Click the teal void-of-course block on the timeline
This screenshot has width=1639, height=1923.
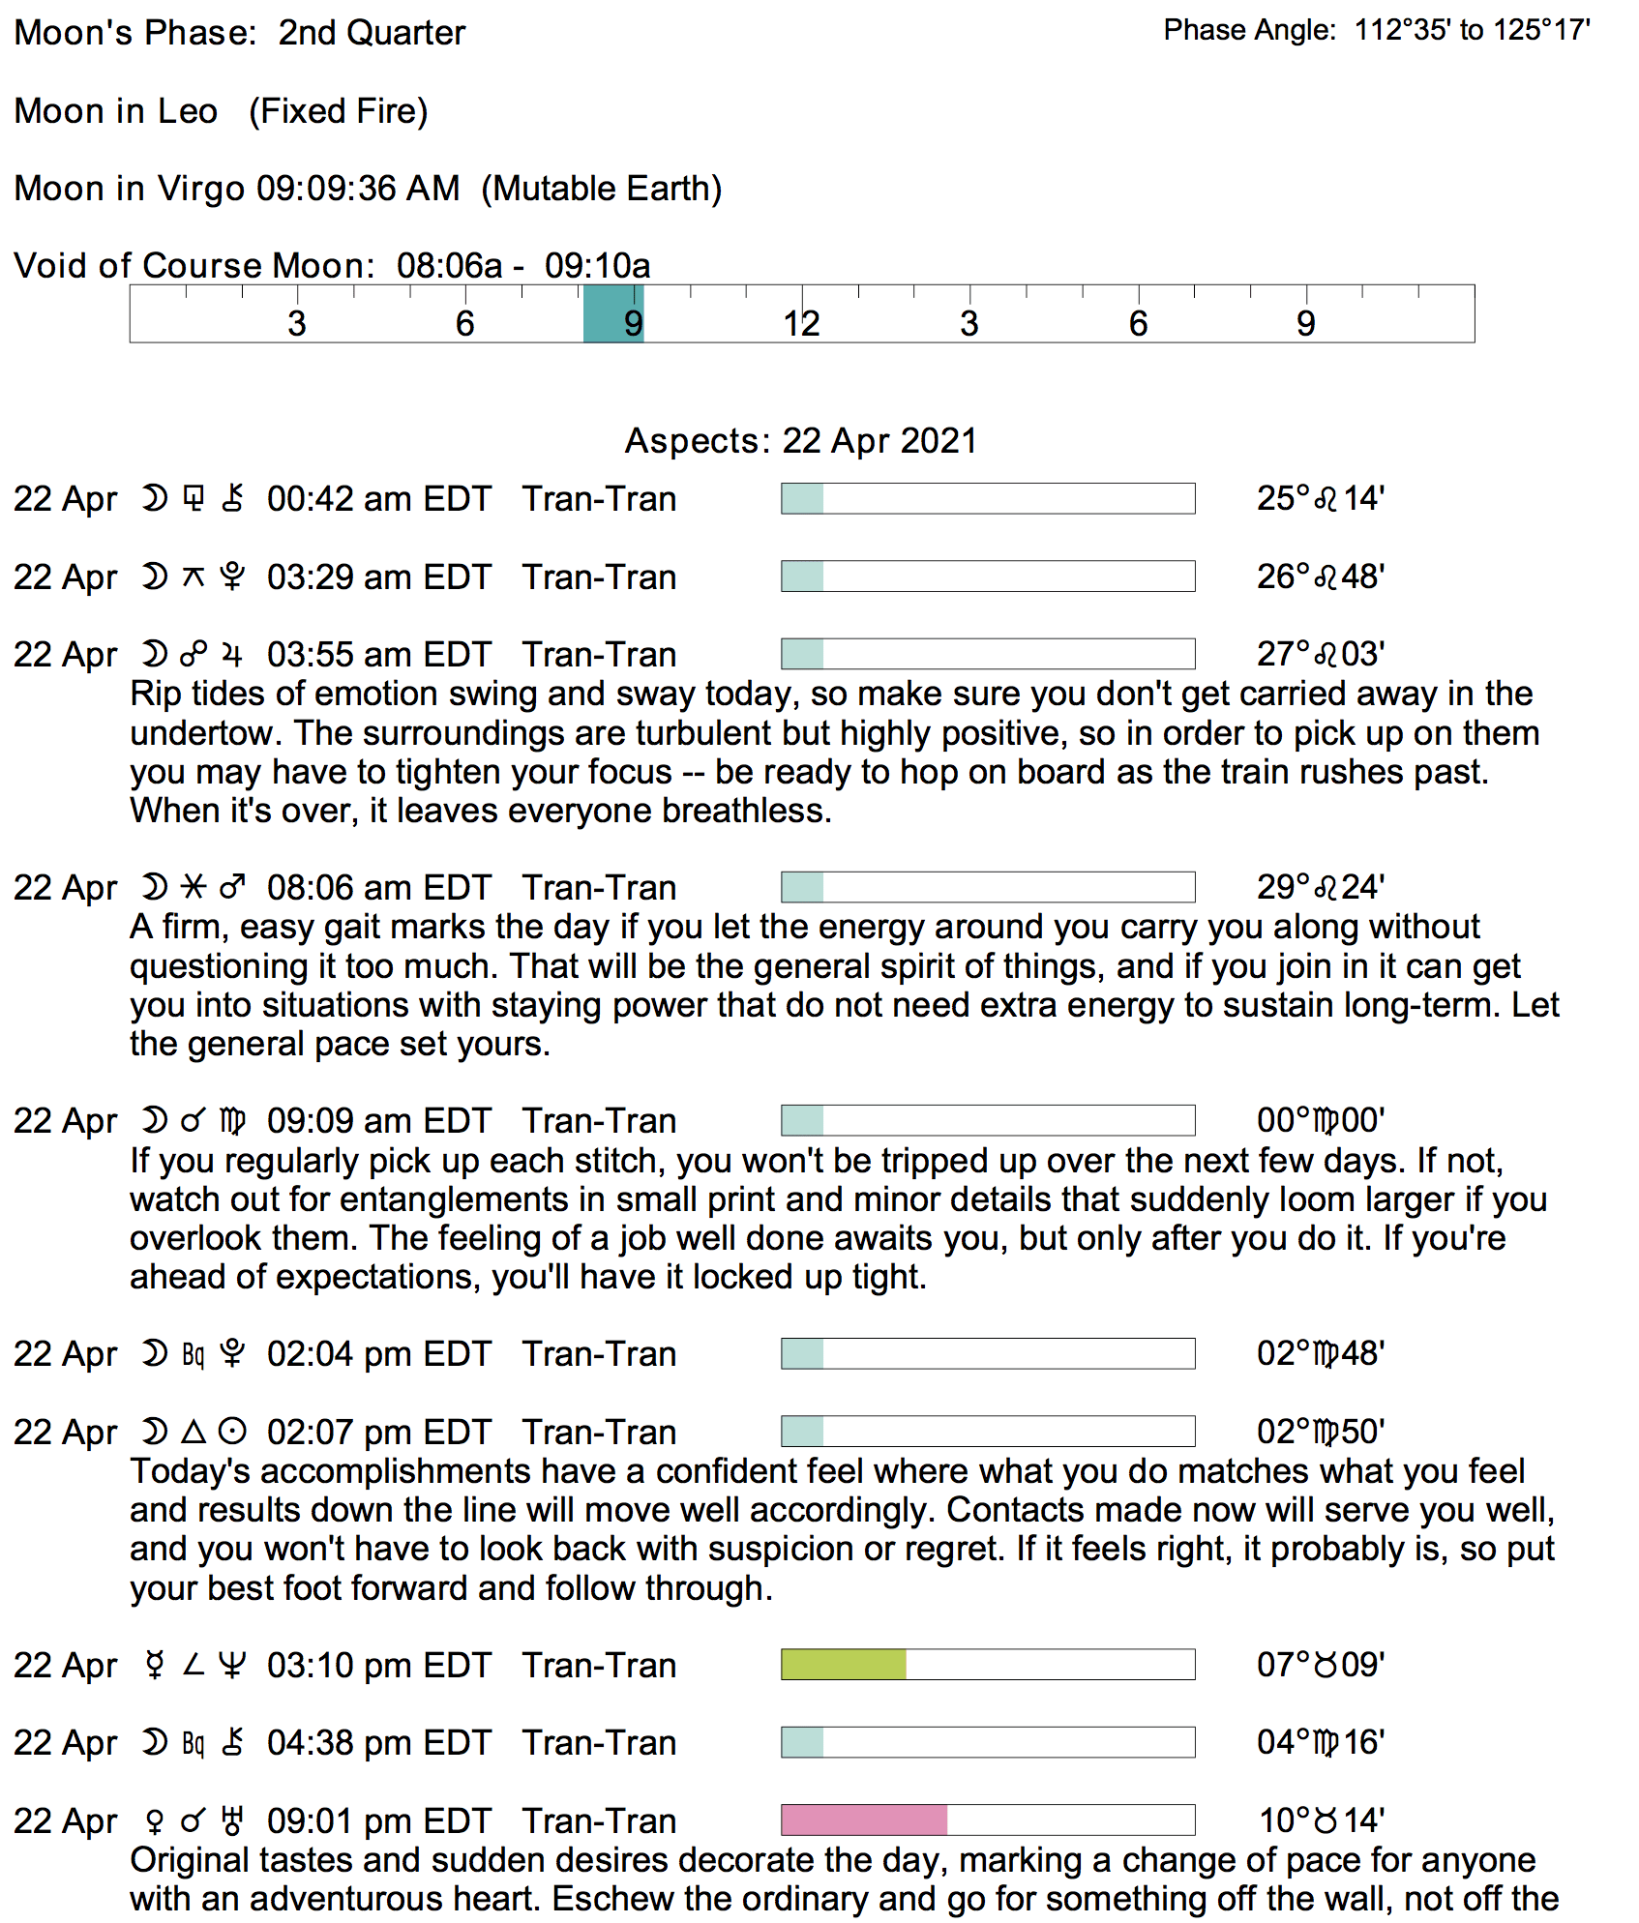point(613,313)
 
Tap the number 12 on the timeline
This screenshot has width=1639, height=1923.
point(801,323)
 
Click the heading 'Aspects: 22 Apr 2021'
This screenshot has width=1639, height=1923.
point(801,441)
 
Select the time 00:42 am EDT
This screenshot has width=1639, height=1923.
point(379,499)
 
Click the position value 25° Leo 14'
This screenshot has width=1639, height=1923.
point(1321,499)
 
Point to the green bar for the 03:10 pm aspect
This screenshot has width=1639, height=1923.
point(844,1665)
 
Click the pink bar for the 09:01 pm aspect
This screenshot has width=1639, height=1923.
point(864,1819)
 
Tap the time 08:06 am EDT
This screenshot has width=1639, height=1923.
point(379,888)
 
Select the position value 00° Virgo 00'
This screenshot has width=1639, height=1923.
point(1321,1121)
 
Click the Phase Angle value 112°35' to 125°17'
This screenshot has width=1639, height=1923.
point(1472,31)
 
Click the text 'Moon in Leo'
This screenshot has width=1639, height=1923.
point(116,111)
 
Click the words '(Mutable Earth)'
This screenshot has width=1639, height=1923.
point(602,189)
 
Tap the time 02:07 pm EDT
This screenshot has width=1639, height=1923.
point(379,1433)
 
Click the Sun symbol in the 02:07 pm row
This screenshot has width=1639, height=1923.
point(232,1431)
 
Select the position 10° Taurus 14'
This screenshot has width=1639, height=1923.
point(1321,1820)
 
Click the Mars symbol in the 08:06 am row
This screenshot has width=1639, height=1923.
point(232,886)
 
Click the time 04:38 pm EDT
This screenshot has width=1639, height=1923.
point(379,1743)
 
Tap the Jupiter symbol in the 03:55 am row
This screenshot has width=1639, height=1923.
point(232,655)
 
